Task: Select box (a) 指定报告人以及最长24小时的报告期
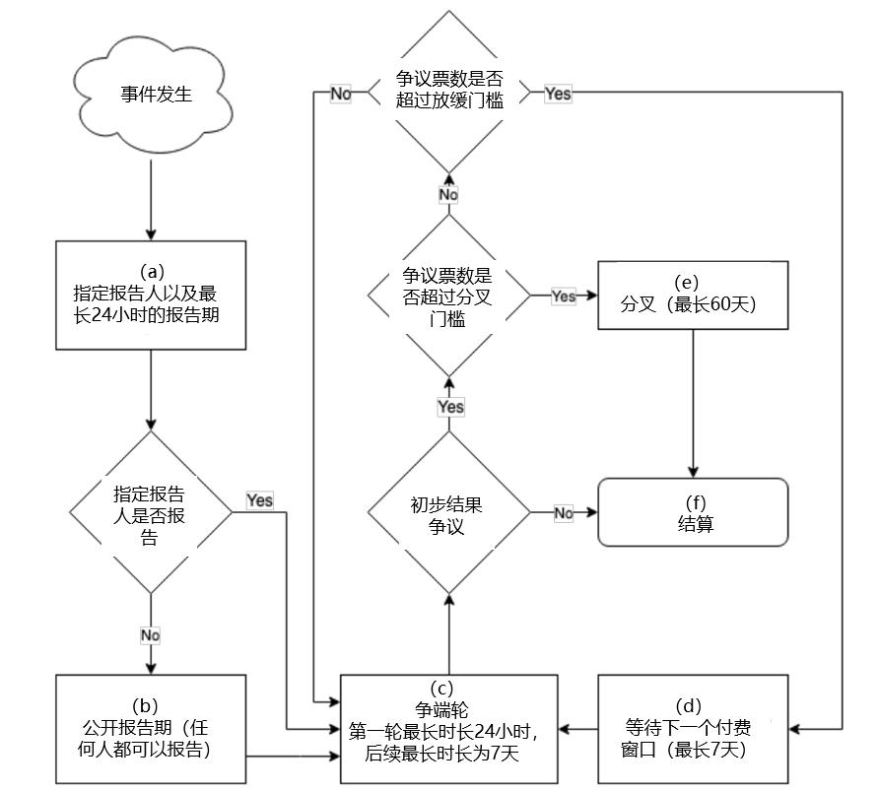[x=151, y=295]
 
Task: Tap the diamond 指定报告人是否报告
[x=151, y=513]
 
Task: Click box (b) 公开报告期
[x=151, y=729]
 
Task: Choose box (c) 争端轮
[x=448, y=729]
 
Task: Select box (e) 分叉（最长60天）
[x=693, y=295]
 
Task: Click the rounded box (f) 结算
[x=693, y=512]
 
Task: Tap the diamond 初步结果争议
[x=448, y=512]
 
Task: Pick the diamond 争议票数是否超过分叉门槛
[x=448, y=296]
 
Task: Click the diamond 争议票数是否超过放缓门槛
[x=448, y=94]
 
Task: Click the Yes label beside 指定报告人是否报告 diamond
[x=260, y=500]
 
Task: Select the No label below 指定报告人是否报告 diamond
[x=150, y=635]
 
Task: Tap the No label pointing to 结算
[x=564, y=513]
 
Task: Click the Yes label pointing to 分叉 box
[x=564, y=296]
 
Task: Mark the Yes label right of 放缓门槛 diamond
[x=558, y=95]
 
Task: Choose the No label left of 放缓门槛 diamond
[x=341, y=95]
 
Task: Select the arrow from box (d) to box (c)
[x=577, y=729]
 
